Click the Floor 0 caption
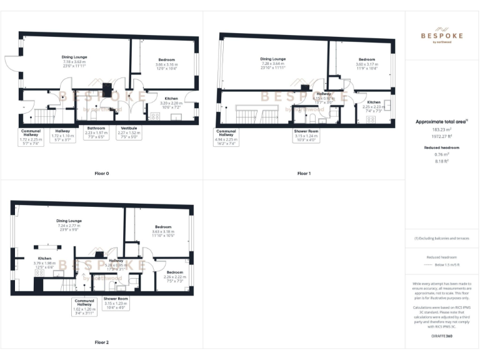[x=102, y=173]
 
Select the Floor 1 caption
[x=304, y=173]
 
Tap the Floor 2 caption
[x=102, y=342]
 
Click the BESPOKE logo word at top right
[x=441, y=36]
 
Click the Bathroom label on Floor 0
[x=96, y=128]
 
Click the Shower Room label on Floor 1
[x=306, y=131]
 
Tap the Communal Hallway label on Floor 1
[x=226, y=133]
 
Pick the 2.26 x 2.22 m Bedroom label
[x=174, y=272]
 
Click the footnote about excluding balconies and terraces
[x=441, y=238]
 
